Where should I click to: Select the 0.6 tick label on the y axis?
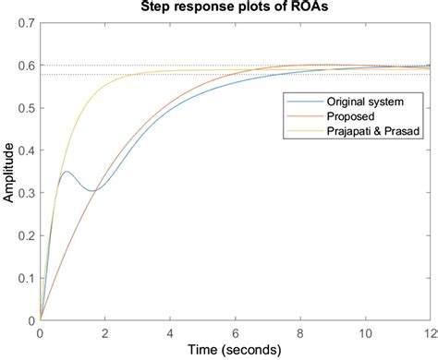24,66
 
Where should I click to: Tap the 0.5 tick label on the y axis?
24,108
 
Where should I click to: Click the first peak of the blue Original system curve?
67,172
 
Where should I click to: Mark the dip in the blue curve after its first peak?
92,191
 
